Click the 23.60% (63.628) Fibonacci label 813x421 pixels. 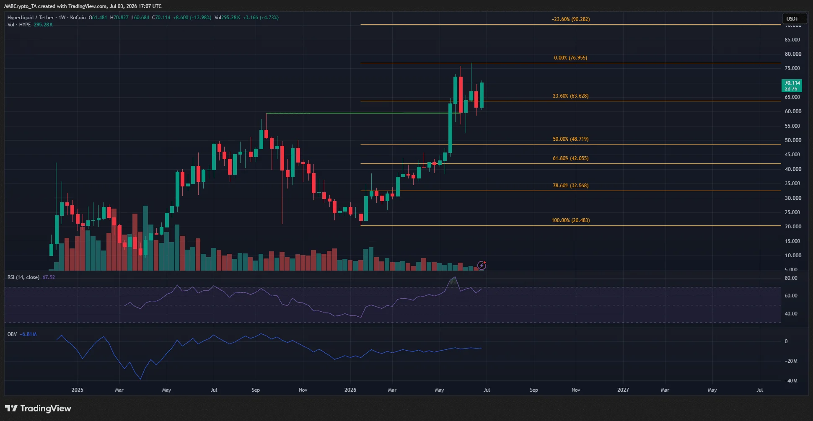tap(570, 96)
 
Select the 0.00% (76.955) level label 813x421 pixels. tap(570, 58)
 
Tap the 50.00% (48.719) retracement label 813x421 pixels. tap(570, 139)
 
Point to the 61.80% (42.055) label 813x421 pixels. tap(570, 158)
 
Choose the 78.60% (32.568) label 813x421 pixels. tap(570, 186)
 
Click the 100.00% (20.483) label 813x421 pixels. tap(570, 220)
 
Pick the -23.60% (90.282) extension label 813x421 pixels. tap(570, 19)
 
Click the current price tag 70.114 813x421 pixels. tap(792, 83)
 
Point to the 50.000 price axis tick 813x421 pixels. tap(793, 140)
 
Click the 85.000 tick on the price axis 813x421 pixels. tap(793, 40)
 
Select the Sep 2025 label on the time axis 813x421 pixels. tap(256, 390)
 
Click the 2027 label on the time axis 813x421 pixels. tap(623, 390)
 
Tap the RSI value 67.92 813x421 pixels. tap(49, 277)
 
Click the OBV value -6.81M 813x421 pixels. tap(28, 334)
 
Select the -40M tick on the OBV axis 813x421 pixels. tap(791, 381)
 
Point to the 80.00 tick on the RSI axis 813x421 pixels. tap(791, 278)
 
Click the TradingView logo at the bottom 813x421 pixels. tap(38, 408)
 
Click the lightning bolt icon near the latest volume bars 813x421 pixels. tap(482, 266)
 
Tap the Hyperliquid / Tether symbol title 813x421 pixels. tap(31, 18)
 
